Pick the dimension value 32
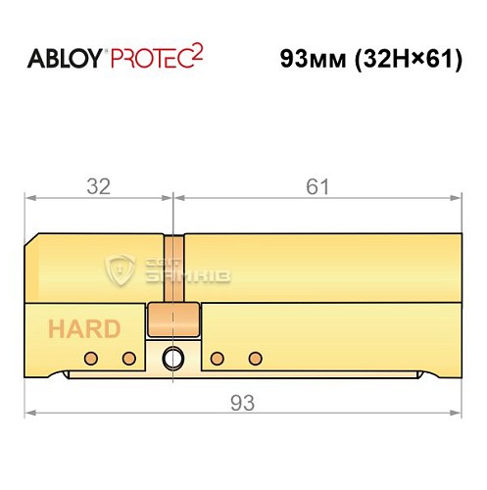pyautogui.click(x=98, y=186)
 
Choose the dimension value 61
pyautogui.click(x=317, y=186)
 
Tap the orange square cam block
pyautogui.click(x=173, y=318)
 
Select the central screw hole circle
pyautogui.click(x=173, y=357)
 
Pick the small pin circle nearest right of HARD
pyautogui.click(x=127, y=357)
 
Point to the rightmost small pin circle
pyautogui.click(x=257, y=357)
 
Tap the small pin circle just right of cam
pyautogui.click(x=218, y=357)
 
